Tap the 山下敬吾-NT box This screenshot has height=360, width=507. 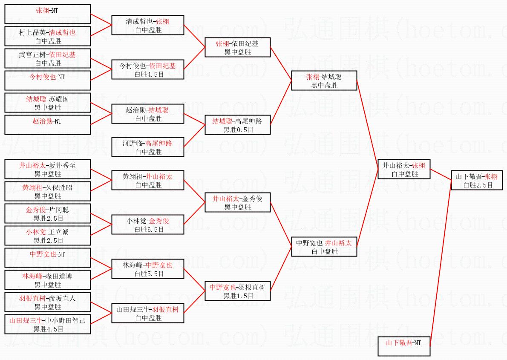404,346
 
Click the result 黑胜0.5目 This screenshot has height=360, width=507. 238,130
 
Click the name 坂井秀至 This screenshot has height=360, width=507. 62,165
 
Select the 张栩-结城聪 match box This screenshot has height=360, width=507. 324,81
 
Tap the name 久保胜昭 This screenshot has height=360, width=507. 62,187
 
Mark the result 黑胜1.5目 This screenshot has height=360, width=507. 238,296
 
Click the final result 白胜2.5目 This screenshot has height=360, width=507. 478,185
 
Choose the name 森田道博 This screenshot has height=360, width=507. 62,276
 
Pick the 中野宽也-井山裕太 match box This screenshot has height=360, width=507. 324,247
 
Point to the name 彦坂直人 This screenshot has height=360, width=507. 62,298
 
